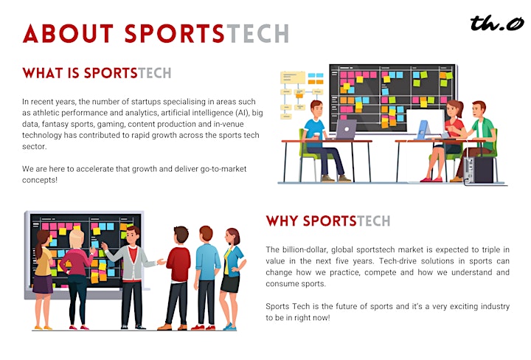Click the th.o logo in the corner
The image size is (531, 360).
pos(497,23)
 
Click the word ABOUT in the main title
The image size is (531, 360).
pos(68,33)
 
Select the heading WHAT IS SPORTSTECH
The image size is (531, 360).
pos(97,73)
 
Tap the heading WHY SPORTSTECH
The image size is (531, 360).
pos(328,221)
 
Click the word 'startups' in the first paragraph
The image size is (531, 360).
pos(145,102)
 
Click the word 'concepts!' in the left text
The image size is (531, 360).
pos(40,180)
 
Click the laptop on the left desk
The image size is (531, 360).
pos(345,130)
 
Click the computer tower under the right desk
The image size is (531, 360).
pos(478,170)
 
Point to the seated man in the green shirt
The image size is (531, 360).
pos(477,139)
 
